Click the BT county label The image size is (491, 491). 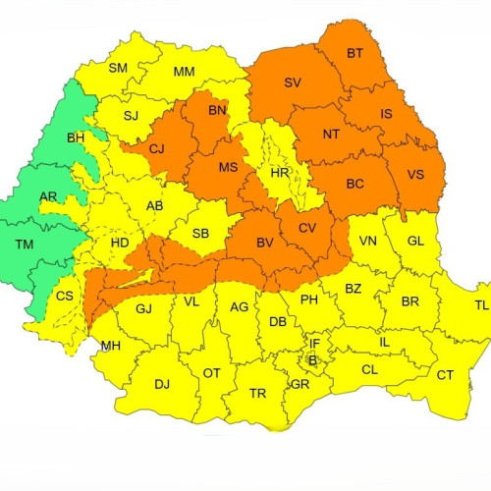coord(355,54)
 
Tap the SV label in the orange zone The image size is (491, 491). coord(293,83)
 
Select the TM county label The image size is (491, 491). coord(25,244)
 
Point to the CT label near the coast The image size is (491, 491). coord(445,375)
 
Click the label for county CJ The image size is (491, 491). coord(157,149)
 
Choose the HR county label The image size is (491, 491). coord(279,174)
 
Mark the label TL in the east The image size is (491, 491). coord(481,305)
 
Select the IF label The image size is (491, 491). coord(314,344)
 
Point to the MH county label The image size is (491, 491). coord(111,347)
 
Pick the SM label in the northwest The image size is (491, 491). coord(118,68)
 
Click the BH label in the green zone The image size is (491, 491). coord(76,138)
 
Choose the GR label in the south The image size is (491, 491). coord(300,385)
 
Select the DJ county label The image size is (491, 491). coord(162,384)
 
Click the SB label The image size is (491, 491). coord(200,233)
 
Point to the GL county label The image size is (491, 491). coord(415,242)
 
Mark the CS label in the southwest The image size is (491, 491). coord(64,297)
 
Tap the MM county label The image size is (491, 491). coord(184,73)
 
